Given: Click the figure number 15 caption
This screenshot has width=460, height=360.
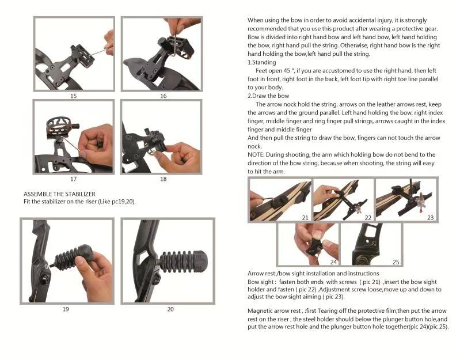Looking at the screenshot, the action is click(x=73, y=96).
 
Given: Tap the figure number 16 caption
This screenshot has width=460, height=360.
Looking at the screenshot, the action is click(x=164, y=96).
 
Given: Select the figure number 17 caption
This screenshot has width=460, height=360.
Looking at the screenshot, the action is click(x=73, y=179).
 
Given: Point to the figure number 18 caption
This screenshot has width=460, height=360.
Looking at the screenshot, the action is click(x=164, y=179).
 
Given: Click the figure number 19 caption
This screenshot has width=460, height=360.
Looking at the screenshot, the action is click(x=66, y=309).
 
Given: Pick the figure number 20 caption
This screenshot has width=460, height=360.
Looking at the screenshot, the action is click(x=170, y=309).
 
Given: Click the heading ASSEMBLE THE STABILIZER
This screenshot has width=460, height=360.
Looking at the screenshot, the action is click(x=59, y=194).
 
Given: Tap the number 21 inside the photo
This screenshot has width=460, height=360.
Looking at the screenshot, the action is click(x=305, y=218).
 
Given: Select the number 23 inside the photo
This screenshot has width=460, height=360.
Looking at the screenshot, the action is click(x=431, y=218).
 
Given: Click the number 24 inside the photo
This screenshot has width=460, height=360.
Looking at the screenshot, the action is click(x=333, y=262).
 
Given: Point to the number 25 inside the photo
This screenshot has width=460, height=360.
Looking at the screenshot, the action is click(x=396, y=262).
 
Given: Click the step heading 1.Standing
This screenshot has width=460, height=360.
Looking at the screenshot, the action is click(x=262, y=62).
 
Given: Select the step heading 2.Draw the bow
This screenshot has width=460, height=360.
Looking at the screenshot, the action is click(x=268, y=96).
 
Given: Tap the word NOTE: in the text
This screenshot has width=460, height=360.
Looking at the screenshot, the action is click(x=256, y=154).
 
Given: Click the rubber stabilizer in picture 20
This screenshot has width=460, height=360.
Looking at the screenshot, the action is click(x=184, y=260).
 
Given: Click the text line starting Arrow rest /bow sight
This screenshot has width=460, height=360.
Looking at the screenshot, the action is click(x=313, y=274).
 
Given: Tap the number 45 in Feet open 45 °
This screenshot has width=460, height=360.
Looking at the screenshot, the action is click(x=287, y=71).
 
